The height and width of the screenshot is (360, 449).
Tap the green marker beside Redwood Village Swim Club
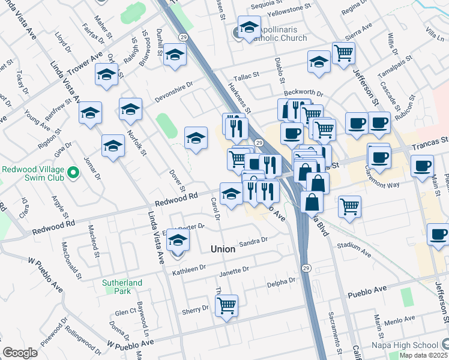click(x=73, y=173)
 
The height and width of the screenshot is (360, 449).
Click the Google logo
click(x=20, y=353)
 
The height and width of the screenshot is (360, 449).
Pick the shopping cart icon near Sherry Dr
click(x=226, y=305)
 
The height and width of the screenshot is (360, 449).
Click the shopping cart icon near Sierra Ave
click(x=344, y=53)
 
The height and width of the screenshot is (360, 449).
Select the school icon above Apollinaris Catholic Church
click(x=249, y=27)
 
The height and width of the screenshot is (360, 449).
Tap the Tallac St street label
click(x=246, y=77)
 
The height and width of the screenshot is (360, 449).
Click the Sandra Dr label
click(x=253, y=241)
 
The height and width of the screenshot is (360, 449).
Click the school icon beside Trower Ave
click(x=106, y=74)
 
